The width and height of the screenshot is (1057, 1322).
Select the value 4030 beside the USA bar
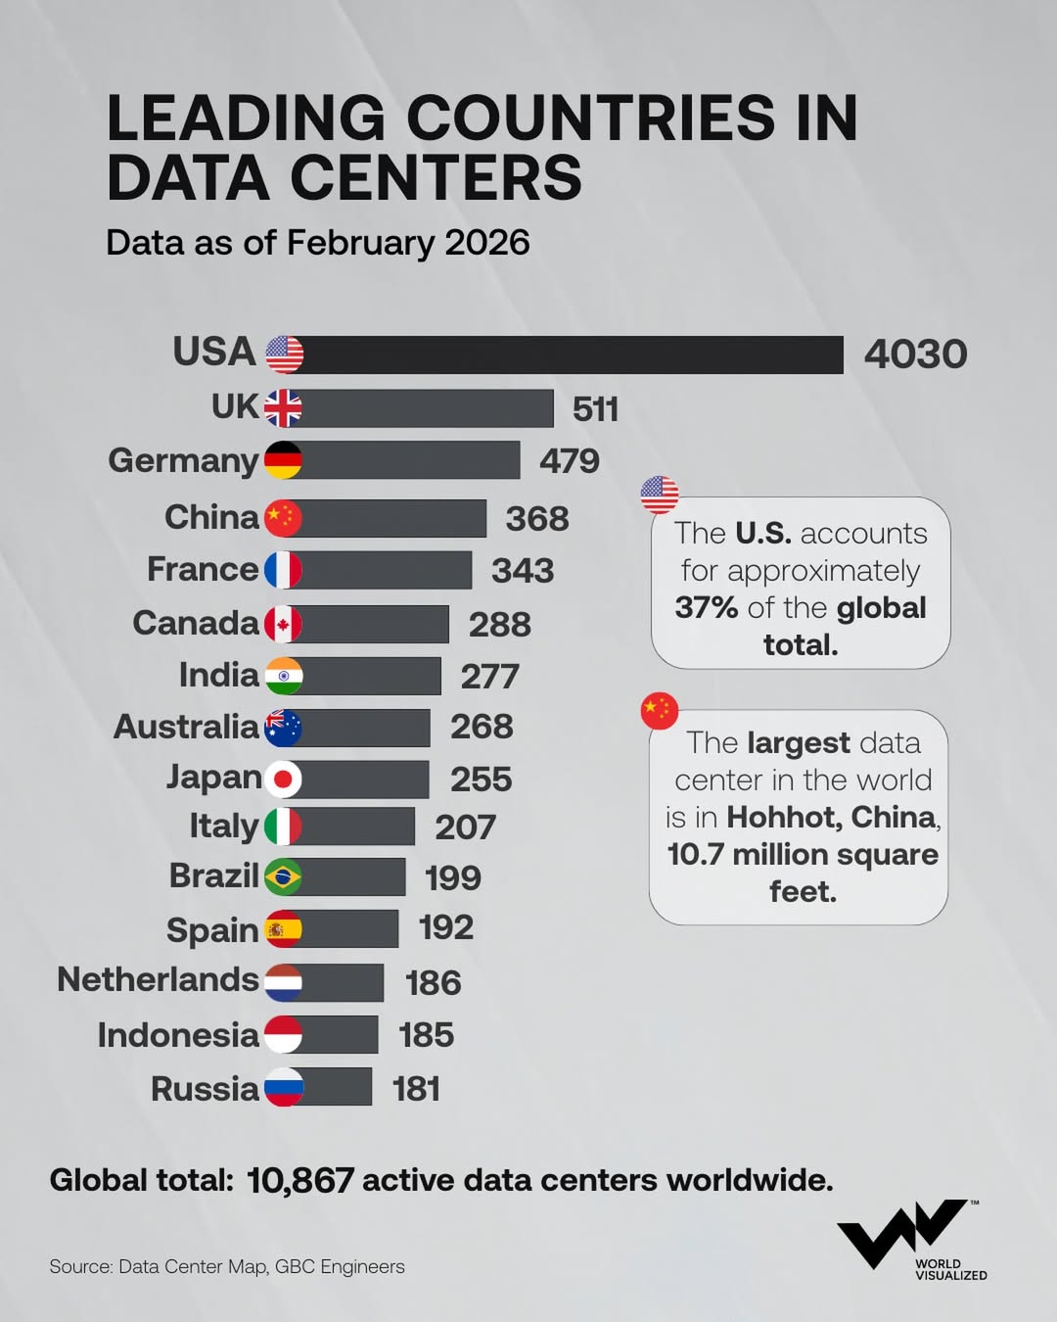(x=915, y=354)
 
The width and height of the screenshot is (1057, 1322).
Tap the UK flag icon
(x=283, y=408)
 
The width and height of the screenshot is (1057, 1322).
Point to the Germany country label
(x=183, y=460)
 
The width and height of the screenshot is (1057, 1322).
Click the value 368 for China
(x=536, y=519)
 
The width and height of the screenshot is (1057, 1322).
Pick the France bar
(x=387, y=570)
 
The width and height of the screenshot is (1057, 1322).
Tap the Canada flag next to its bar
(x=283, y=624)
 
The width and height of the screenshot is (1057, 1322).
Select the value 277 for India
(x=489, y=677)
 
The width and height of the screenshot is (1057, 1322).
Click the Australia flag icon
(x=283, y=728)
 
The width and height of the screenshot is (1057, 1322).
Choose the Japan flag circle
(x=283, y=779)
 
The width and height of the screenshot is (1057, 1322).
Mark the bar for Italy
(x=357, y=826)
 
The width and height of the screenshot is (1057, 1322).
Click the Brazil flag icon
(x=283, y=877)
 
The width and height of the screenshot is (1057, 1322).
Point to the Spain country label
(x=212, y=929)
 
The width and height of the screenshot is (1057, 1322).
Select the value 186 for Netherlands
(x=433, y=982)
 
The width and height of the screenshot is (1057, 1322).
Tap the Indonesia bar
(x=339, y=1035)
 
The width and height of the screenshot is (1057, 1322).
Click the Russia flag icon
(x=283, y=1087)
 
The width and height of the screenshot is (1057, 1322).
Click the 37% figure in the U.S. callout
(x=706, y=608)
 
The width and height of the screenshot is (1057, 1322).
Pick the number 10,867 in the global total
(x=300, y=1181)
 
